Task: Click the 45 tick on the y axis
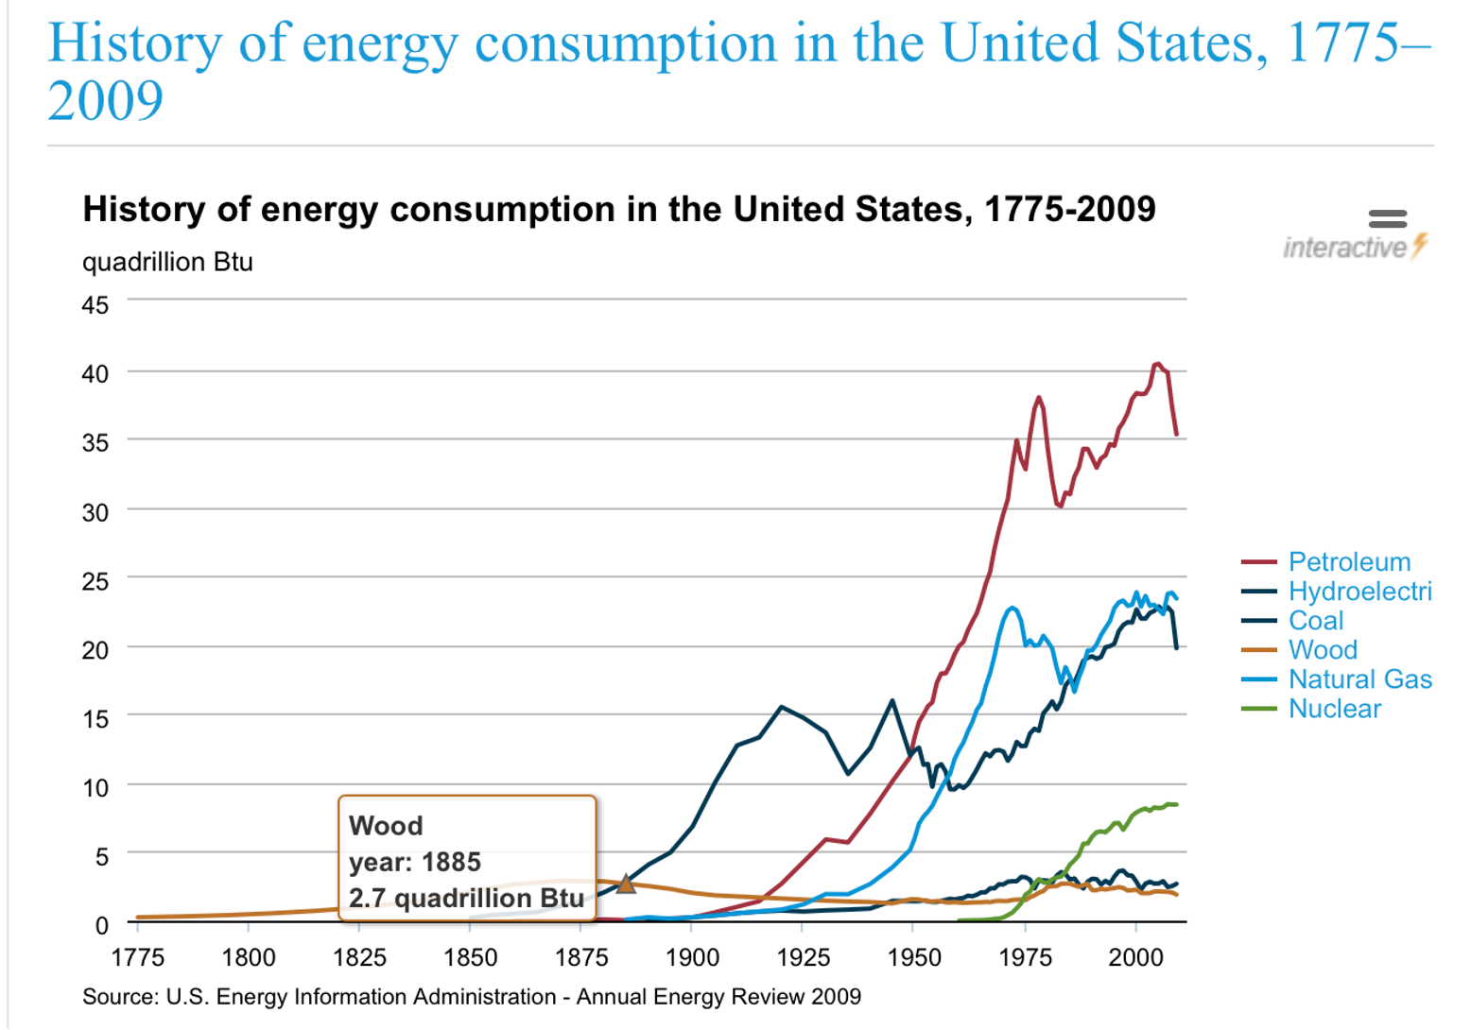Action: pos(95,305)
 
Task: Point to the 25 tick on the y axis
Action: pos(95,581)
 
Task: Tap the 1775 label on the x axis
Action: pos(138,958)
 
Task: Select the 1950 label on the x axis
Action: pos(914,958)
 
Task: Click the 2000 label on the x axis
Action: pos(1135,958)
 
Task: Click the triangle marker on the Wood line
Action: pos(626,884)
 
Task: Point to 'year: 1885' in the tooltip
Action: pos(415,862)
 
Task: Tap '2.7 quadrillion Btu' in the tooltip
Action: pos(466,898)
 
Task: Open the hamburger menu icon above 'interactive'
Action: pos(1387,218)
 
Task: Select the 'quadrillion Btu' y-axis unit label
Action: pos(167,262)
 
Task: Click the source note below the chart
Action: pos(472,997)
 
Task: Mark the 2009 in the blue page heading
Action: pos(105,100)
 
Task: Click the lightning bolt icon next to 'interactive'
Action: pos(1419,246)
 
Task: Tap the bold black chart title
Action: pos(619,209)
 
